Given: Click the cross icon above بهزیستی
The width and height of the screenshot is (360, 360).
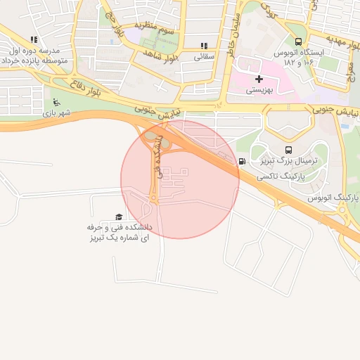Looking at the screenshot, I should [x=259, y=79].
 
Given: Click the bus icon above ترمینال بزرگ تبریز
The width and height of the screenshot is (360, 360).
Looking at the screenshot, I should [x=288, y=150].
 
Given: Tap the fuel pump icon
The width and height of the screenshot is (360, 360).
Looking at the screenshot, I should [x=243, y=162].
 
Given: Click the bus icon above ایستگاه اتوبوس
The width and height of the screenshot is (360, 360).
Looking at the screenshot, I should [x=300, y=41].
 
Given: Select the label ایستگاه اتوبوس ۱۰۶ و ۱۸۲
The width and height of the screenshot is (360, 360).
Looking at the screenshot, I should [x=310, y=58].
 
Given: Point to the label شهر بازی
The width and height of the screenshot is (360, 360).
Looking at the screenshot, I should [x=57, y=112].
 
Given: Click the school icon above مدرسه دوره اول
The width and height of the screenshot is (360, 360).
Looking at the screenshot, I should [x=34, y=40].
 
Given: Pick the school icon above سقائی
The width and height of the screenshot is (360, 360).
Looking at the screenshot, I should [x=204, y=46].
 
